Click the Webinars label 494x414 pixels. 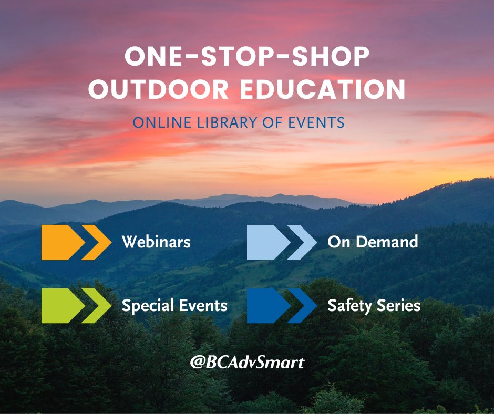pos(156,242)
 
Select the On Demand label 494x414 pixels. pos(373,242)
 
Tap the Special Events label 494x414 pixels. pos(174,305)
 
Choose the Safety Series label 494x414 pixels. pos(374,305)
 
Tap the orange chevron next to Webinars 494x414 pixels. pos(98,242)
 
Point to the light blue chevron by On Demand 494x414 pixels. pos(304,242)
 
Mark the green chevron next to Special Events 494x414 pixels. pos(98,305)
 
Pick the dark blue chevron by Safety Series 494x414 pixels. pos(304,305)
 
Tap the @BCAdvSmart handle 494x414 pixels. pos(247,362)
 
